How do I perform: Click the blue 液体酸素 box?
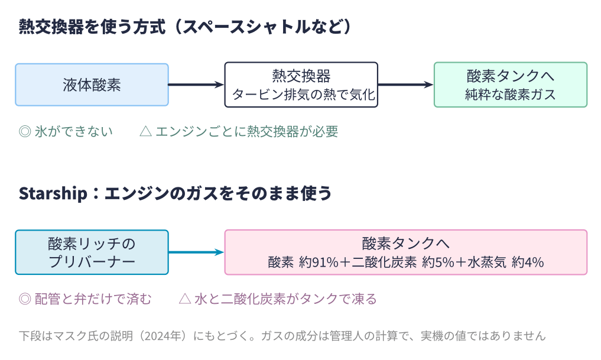pos(92,85)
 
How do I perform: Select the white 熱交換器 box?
pos(301,85)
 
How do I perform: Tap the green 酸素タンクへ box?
pos(511,85)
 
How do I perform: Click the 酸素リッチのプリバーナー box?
pos(92,252)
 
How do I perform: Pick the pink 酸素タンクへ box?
pos(406,252)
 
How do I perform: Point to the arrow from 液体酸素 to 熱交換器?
pos(196,85)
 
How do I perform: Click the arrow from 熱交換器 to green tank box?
pos(406,85)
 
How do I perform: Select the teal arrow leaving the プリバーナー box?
pos(196,252)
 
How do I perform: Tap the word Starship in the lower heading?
pos(53,193)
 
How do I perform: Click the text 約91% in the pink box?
pos(319,262)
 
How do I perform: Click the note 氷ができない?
pos(74,131)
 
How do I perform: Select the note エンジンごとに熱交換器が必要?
pos(247,131)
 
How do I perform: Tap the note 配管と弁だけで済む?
pos(93,299)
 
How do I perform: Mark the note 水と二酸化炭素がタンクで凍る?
pos(285,299)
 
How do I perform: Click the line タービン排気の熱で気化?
pos(303,95)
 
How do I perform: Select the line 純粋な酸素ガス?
pos(511,95)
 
